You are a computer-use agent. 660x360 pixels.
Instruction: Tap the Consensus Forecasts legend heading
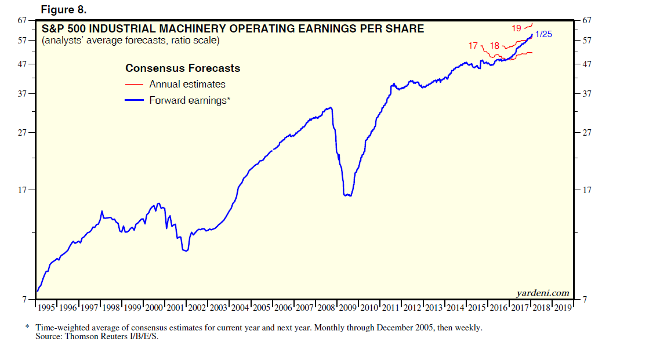coord(183,68)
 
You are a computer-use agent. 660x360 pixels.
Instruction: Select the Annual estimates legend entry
coord(187,84)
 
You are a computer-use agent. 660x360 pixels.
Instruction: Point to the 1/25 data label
coord(543,34)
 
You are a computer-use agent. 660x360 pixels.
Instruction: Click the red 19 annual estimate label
coord(516,28)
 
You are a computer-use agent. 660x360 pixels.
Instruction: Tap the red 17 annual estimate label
coord(473,45)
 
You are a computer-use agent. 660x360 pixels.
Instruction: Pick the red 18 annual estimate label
coord(495,45)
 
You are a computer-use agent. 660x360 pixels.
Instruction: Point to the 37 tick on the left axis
coord(23,94)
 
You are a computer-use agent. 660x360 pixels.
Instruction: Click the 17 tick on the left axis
coord(23,190)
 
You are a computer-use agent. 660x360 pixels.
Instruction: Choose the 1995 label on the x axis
coord(46,307)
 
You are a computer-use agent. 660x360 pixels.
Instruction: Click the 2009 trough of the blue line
coord(347,195)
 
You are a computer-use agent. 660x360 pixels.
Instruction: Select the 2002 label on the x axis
coord(197,307)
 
